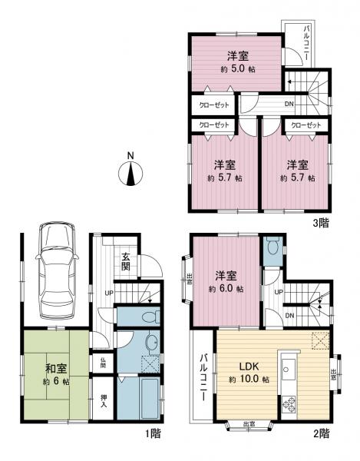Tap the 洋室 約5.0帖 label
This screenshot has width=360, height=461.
[236, 62]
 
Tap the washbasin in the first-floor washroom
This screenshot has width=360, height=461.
[150, 343]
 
